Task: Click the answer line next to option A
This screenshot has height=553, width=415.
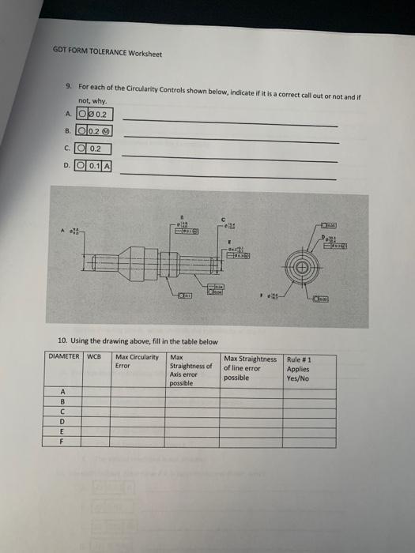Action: (x=229, y=122)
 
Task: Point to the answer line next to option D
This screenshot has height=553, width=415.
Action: (x=229, y=176)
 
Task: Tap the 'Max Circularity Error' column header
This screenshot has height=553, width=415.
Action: (x=136, y=361)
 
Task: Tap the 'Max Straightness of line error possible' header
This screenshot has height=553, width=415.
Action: (x=251, y=367)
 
